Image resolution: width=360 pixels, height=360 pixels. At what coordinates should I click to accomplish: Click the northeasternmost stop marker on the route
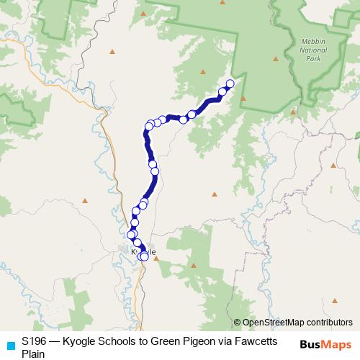[230, 84]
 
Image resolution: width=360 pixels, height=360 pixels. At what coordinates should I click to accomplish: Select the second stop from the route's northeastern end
[223, 91]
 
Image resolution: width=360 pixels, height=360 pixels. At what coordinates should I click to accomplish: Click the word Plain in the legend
[33, 354]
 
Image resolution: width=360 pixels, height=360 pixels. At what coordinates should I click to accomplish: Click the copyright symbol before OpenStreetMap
[237, 323]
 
